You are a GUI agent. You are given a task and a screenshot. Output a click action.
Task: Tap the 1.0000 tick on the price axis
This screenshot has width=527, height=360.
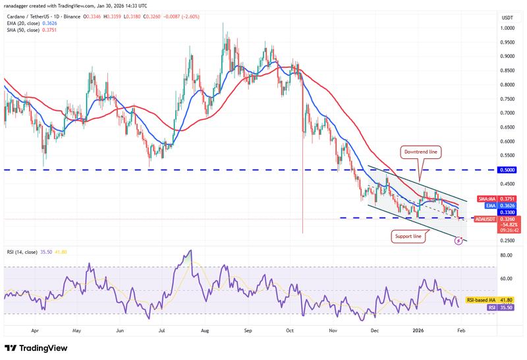(x=507, y=28)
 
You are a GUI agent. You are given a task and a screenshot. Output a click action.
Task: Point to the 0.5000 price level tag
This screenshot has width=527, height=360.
(x=507, y=169)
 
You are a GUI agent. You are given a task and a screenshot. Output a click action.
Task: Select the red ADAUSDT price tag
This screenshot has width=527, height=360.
(x=507, y=219)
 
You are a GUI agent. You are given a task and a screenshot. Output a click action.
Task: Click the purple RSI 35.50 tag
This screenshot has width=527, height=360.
(x=507, y=307)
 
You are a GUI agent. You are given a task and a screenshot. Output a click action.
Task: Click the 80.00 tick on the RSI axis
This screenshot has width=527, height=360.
(x=506, y=255)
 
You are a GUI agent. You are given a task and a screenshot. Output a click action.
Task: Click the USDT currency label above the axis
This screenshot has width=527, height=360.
(x=507, y=18)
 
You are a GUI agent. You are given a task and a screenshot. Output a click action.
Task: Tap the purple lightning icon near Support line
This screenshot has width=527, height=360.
(x=458, y=241)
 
